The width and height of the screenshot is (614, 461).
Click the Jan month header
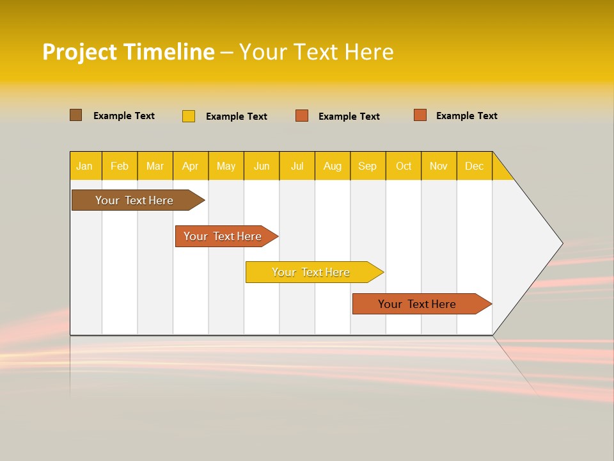84,166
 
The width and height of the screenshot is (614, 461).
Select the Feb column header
120,166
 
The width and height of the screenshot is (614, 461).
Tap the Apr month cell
190,166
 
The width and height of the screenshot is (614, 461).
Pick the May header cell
226,166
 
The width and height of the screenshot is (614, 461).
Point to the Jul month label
297,166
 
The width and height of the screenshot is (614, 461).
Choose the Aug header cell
332,166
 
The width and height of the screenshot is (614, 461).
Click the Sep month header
367,166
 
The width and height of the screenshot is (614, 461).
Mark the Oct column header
404,166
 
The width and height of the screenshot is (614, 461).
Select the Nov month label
439,166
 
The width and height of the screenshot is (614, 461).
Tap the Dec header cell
474,166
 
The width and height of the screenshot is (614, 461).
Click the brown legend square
75,115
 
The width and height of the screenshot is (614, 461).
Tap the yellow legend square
189,116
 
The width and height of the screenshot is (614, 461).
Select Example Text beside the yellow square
236,117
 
